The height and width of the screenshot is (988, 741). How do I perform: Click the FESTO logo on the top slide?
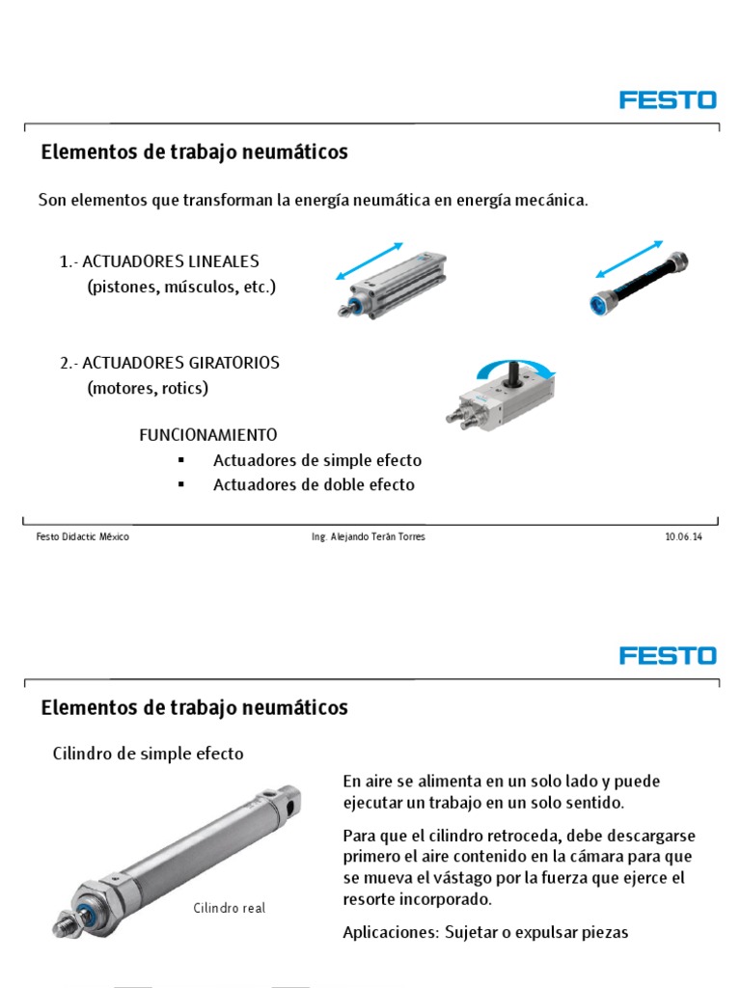pos(668,100)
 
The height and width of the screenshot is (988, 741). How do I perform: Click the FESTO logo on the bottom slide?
pos(668,656)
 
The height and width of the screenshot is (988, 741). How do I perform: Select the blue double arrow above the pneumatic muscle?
pos(626,260)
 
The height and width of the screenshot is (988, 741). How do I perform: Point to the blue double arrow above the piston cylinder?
pos(369,261)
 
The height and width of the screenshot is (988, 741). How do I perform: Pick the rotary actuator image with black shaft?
pos(503,398)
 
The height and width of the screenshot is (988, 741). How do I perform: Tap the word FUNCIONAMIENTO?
pos(208,435)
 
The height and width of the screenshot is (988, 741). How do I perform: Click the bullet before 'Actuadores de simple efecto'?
pos(180,460)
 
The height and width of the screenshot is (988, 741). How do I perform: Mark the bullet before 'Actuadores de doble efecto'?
pos(180,484)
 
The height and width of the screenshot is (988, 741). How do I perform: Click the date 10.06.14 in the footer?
pos(683,537)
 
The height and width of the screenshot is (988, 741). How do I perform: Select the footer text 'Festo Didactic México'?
pos(82,537)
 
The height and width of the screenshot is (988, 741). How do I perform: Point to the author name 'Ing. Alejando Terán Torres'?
pos(362,537)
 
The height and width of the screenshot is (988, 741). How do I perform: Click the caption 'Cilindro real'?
pos(229,908)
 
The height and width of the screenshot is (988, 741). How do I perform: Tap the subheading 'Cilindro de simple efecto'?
pos(147,754)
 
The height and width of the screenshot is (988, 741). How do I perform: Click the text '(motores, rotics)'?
pos(147,388)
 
